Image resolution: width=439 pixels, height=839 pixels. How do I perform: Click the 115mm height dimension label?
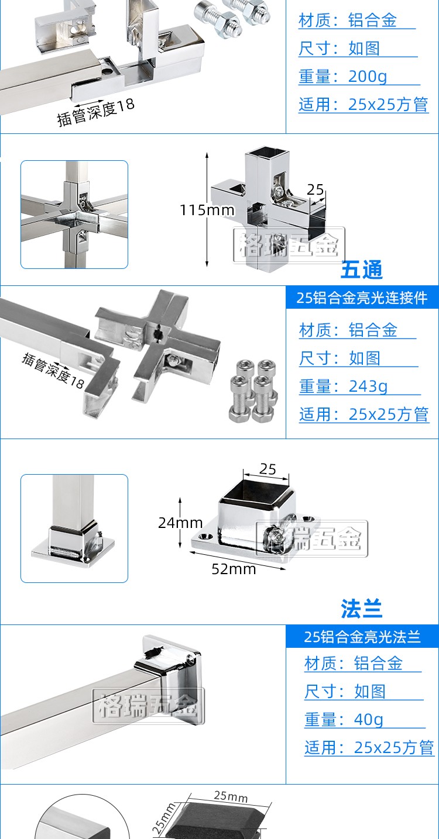(207, 210)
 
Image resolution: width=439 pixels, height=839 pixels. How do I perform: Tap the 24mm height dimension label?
(180, 523)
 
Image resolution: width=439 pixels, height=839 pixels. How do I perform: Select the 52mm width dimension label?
(234, 569)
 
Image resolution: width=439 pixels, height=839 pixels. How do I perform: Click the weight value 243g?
(368, 386)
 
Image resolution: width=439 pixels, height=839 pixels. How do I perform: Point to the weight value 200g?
(368, 77)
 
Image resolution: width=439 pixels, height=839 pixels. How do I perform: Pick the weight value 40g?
(369, 719)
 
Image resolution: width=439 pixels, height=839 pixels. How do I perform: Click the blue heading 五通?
(362, 270)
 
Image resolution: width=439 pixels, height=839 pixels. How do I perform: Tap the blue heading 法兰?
(362, 609)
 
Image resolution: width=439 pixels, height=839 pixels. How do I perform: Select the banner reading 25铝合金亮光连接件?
(362, 298)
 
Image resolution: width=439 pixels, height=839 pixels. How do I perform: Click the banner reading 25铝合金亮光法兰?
(362, 636)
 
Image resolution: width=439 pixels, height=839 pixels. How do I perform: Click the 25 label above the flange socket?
(267, 469)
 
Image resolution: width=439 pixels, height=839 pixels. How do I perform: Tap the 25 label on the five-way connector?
(315, 189)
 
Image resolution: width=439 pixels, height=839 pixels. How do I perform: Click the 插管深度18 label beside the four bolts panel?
(53, 371)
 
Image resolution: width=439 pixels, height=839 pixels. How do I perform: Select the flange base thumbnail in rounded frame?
(74, 529)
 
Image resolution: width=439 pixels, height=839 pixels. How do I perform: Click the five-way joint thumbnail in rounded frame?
(74, 215)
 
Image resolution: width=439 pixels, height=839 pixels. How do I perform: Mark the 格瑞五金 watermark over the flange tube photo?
(149, 706)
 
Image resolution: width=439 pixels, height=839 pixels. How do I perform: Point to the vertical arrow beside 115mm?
(207, 210)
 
